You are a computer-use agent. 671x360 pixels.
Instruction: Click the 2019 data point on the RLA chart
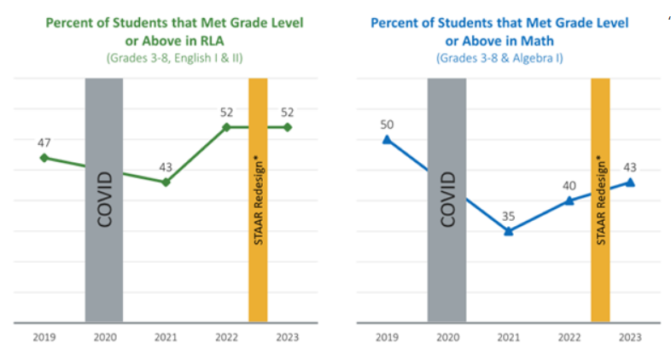coord(44,158)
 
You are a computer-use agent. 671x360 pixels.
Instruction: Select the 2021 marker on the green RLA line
coord(166,182)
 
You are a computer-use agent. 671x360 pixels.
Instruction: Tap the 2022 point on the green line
coord(227,127)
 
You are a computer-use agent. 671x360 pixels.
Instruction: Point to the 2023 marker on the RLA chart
coord(288,127)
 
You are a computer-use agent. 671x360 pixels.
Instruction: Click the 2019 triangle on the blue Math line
coord(387,139)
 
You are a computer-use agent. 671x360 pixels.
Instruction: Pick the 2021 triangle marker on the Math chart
coord(508,230)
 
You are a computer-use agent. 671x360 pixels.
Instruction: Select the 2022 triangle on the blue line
coord(569,200)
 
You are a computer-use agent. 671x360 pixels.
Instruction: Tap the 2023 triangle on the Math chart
coord(630,182)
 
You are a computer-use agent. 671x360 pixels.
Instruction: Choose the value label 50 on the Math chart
coord(387,124)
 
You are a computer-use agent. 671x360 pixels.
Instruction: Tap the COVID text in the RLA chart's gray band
coord(104,200)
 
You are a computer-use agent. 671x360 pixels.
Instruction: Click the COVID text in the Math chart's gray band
coord(447,200)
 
